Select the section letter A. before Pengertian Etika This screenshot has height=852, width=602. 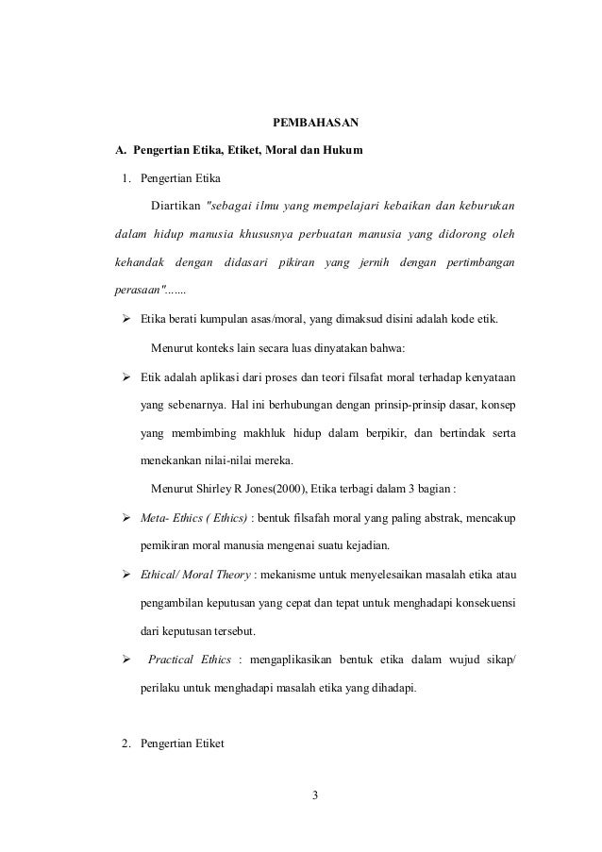point(120,150)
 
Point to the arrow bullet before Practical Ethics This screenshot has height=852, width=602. point(125,659)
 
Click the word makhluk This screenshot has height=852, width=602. point(246,433)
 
